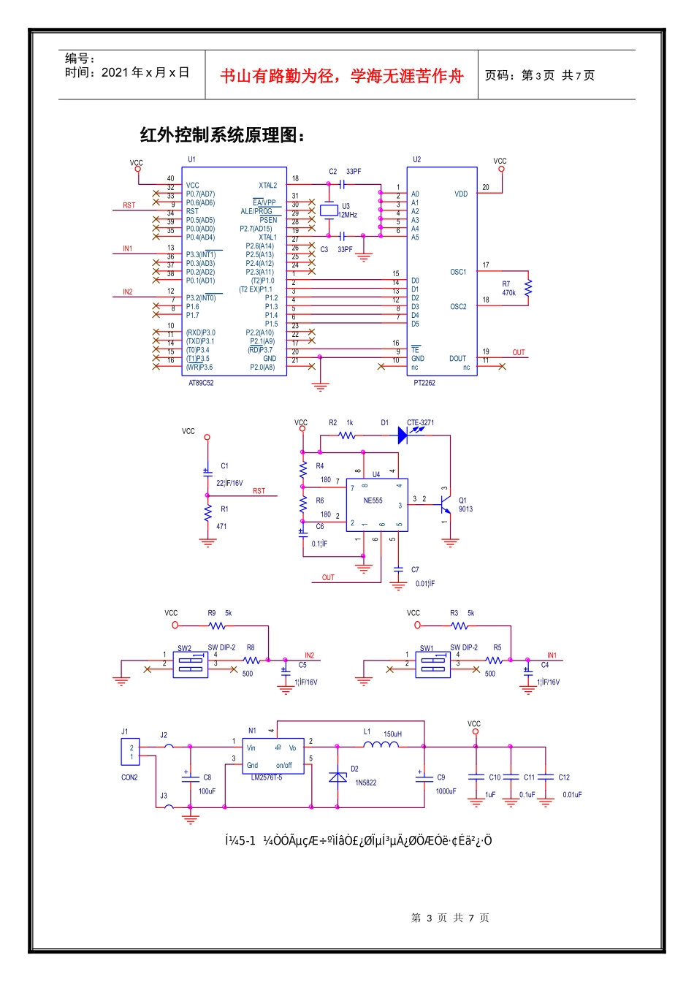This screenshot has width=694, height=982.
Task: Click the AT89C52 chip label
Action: click(x=201, y=383)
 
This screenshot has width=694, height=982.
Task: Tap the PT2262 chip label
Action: click(x=424, y=383)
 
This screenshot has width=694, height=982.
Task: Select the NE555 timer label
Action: click(x=373, y=501)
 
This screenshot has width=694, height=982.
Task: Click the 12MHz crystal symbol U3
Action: click(x=329, y=211)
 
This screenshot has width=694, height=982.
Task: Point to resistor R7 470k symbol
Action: click(x=528, y=288)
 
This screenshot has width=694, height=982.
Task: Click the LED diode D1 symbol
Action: click(x=403, y=435)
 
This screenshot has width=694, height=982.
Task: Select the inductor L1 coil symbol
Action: click(x=381, y=745)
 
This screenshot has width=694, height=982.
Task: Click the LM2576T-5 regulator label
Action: click(x=266, y=777)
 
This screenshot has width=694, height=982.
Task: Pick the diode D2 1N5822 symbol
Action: click(x=338, y=777)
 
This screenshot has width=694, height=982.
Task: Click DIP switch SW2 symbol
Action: click(x=191, y=664)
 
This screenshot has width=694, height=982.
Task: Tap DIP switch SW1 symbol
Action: click(x=433, y=664)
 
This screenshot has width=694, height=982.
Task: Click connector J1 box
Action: click(x=130, y=752)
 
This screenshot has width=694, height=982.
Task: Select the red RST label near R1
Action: click(x=259, y=491)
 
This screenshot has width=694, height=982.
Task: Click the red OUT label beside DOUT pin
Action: click(x=519, y=353)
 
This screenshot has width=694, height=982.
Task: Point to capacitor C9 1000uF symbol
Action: click(x=424, y=778)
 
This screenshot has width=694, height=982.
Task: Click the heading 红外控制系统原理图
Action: click(x=222, y=136)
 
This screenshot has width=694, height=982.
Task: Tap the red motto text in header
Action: click(x=342, y=76)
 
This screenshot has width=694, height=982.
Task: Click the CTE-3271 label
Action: click(x=420, y=422)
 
